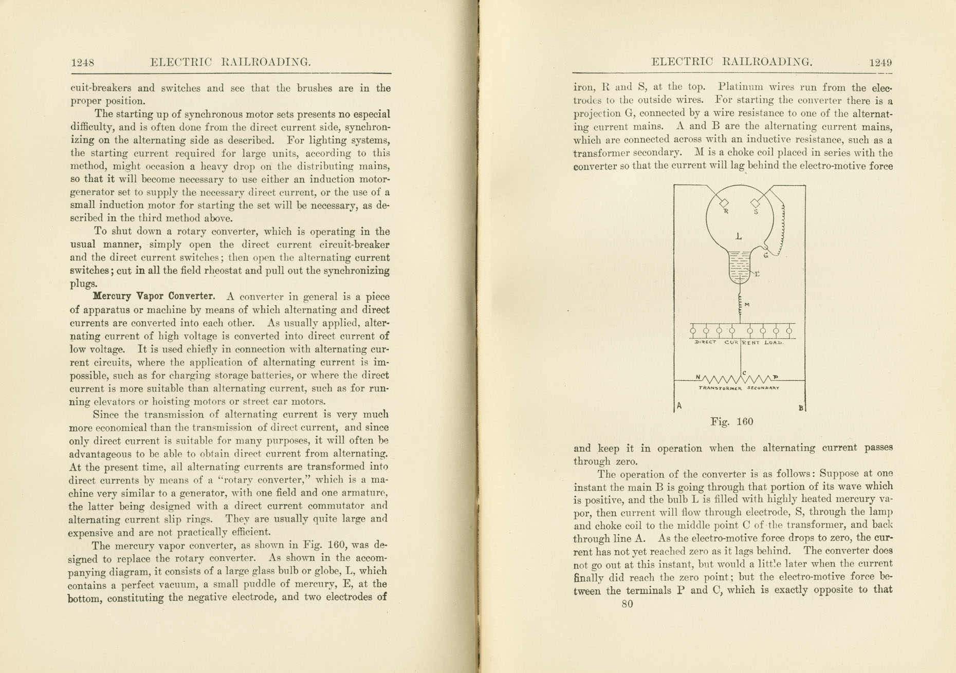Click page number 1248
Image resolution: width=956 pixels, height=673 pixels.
[82, 63]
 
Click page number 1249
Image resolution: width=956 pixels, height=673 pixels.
[880, 63]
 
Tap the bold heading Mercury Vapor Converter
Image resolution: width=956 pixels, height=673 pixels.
[153, 296]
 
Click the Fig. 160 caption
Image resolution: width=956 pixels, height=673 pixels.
[731, 422]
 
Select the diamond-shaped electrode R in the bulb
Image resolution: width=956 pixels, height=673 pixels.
[724, 203]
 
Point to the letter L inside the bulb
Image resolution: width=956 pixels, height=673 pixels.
[739, 236]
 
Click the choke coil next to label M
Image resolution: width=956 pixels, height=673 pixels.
[740, 306]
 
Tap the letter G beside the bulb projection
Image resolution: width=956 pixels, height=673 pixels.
[766, 255]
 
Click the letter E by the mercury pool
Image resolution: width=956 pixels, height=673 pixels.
[757, 274]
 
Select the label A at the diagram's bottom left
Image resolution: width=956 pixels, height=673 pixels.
[679, 406]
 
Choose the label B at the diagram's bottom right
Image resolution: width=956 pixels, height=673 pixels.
[800, 408]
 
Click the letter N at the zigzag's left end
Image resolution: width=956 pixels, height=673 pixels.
[698, 377]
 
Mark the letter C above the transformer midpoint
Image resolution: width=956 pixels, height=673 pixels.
[744, 373]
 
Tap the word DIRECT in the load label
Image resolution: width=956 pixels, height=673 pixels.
[705, 342]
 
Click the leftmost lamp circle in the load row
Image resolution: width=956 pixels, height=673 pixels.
[693, 331]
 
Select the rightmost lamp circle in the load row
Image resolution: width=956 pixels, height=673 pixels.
[789, 331]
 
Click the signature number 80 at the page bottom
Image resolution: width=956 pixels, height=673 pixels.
[627, 604]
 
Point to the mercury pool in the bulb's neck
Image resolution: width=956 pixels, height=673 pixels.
[739, 267]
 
